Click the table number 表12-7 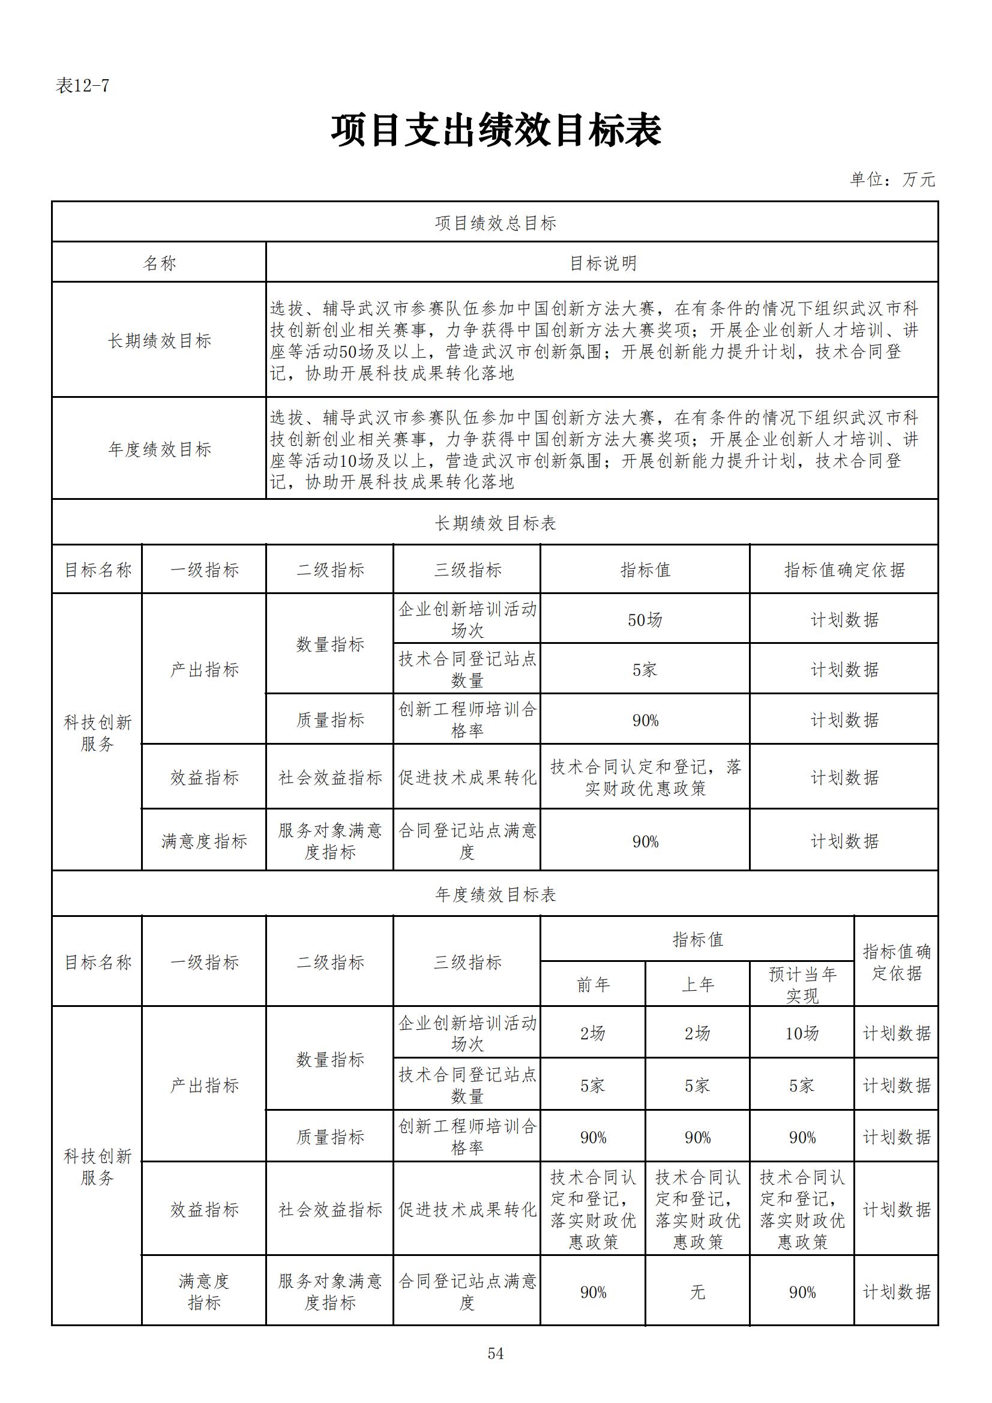(82, 86)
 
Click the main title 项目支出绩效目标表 (496, 130)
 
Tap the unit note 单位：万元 (892, 179)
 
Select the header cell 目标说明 (603, 263)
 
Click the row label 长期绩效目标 (160, 341)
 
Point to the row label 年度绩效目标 (160, 449)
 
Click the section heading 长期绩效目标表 (495, 523)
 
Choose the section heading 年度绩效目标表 (495, 895)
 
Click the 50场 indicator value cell (645, 620)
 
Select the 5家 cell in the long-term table (645, 670)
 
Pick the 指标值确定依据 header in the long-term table (844, 570)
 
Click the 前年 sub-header (593, 985)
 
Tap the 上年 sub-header (697, 985)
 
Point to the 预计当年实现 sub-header (802, 985)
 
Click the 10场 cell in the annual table (802, 1034)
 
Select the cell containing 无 (697, 1293)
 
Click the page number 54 (495, 1354)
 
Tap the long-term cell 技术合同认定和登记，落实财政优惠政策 (645, 778)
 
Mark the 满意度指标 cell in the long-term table (204, 841)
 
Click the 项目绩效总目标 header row (495, 223)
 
